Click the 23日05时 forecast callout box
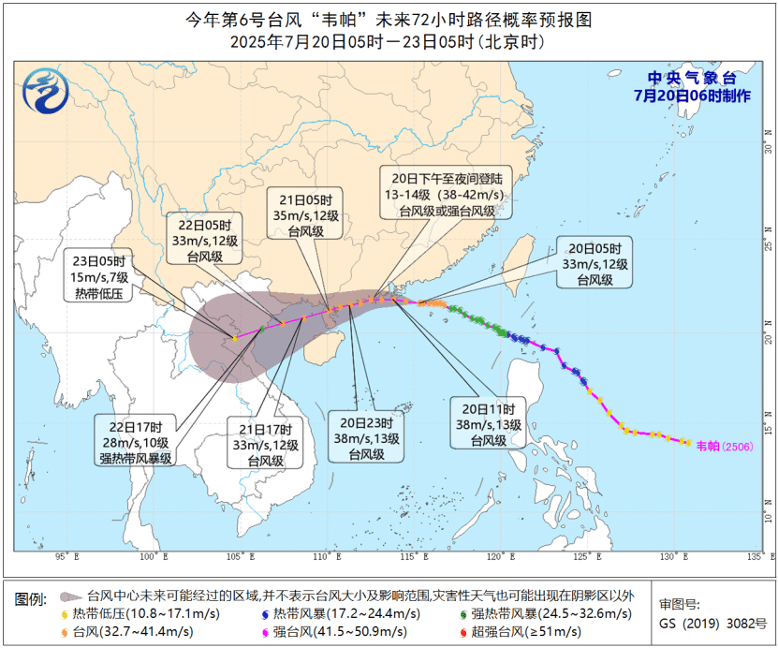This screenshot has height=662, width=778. pyautogui.click(x=99, y=276)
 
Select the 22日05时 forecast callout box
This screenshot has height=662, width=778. pyautogui.click(x=205, y=241)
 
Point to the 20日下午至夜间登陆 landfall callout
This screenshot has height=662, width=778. pyautogui.click(x=447, y=194)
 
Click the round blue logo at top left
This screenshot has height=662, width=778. pyautogui.click(x=46, y=92)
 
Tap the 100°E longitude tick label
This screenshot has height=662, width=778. pyautogui.click(x=153, y=557)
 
